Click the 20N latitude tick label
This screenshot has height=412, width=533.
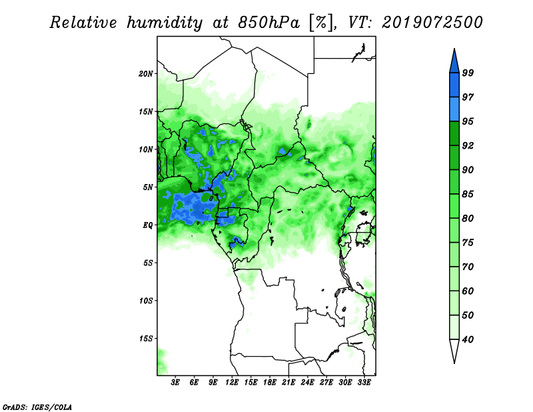[146, 74]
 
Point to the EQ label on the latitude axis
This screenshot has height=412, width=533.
[147, 225]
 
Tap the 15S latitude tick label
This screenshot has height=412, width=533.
[146, 339]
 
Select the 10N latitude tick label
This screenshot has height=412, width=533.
[146, 149]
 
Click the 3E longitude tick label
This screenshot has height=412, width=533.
[175, 383]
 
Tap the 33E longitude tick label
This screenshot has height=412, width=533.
[364, 383]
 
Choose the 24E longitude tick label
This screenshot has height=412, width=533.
[307, 383]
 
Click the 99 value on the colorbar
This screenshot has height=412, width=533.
[468, 73]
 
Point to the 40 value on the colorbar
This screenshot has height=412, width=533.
[468, 339]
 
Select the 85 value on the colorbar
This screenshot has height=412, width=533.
[468, 194]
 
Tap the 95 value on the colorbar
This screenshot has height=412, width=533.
[468, 121]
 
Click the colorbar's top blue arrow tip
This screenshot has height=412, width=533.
[454, 49]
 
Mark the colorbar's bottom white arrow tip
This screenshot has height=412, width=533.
[454, 363]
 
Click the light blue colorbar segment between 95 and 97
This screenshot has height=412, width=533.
[454, 109]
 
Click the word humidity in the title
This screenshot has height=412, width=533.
[165, 23]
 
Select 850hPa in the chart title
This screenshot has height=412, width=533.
[269, 23]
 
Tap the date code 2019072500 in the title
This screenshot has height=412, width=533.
[432, 23]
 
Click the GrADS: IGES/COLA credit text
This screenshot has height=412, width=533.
[37, 407]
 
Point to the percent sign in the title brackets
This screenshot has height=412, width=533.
[322, 23]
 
